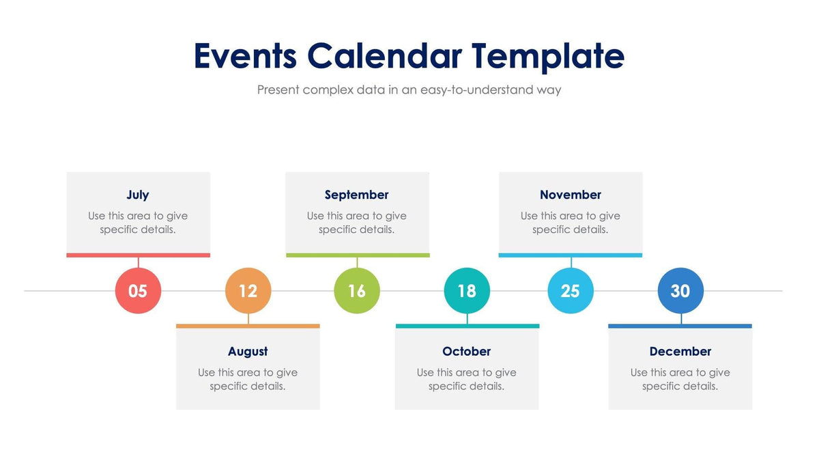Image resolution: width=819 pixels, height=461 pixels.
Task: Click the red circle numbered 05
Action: (x=138, y=291)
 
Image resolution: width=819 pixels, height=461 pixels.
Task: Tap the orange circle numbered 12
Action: (x=248, y=291)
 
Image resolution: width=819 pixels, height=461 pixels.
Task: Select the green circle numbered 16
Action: (x=357, y=291)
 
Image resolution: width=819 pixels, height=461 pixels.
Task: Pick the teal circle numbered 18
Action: (x=467, y=291)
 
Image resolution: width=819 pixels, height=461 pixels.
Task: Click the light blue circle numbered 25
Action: (x=571, y=291)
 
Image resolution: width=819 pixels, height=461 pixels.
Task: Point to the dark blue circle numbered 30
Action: (x=680, y=291)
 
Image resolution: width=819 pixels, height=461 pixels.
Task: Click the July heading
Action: (x=138, y=195)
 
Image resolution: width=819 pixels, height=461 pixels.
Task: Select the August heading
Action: (x=248, y=351)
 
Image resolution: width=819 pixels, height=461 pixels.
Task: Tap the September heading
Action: (x=357, y=195)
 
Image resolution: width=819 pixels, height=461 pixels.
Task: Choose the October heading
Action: (x=467, y=351)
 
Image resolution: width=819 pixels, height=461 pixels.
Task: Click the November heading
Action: (x=571, y=195)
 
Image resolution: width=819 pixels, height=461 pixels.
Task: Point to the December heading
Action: (x=680, y=351)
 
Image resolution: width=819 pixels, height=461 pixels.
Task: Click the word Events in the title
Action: (x=245, y=56)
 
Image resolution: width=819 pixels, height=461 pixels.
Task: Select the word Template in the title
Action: (x=548, y=57)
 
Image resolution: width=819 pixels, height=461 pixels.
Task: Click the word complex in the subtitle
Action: (x=328, y=90)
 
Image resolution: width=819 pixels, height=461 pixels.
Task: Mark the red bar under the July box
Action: (x=138, y=255)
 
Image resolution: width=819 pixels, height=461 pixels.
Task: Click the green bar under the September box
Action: (x=357, y=255)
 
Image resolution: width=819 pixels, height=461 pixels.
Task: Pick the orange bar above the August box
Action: (x=248, y=326)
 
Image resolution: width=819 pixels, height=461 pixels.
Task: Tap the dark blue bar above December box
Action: (x=680, y=326)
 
